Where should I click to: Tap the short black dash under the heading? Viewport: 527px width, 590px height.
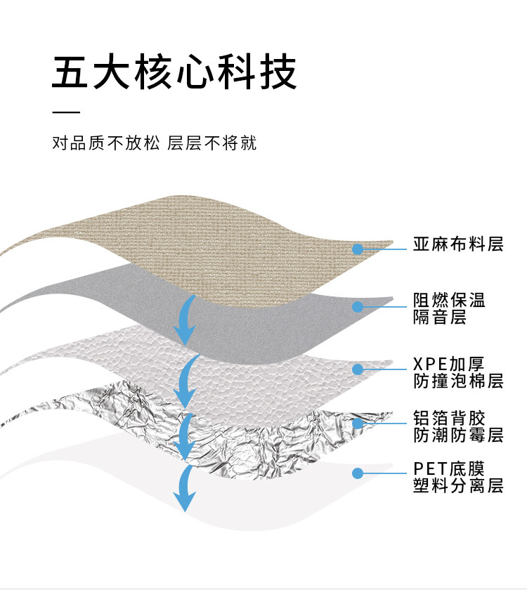tap(67, 112)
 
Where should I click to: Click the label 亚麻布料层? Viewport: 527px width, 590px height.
tap(458, 244)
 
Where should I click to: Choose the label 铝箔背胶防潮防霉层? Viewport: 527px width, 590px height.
tap(458, 426)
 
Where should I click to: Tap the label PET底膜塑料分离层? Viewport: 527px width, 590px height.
tap(458, 476)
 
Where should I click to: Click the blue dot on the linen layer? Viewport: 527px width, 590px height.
tap(358, 249)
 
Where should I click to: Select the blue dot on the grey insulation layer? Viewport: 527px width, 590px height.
tap(358, 306)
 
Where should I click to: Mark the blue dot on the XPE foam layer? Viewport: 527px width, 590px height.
tap(358, 368)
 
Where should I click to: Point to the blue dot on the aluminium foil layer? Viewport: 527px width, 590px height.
tap(358, 423)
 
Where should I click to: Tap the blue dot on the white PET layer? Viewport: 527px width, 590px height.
tap(358, 473)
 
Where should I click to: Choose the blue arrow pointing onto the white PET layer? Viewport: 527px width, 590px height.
tap(186, 488)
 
